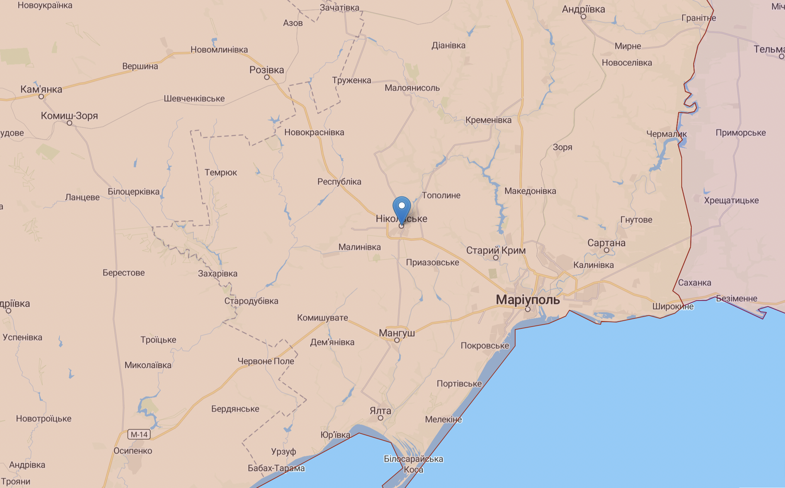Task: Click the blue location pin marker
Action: (401, 208)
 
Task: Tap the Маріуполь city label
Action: (528, 299)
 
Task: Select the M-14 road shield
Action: (139, 434)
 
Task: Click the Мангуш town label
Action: (397, 333)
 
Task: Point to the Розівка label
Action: (266, 70)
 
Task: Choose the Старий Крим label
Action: (496, 250)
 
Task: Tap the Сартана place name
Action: (606, 243)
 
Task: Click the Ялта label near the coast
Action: (380, 411)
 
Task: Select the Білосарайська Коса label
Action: (413, 464)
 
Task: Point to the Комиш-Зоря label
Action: (70, 116)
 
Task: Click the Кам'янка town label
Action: (41, 89)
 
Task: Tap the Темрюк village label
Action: (221, 173)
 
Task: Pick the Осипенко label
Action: (133, 451)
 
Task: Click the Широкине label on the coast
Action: (673, 306)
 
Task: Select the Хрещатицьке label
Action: (731, 200)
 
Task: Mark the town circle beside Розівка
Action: (266, 77)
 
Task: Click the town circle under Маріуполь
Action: (527, 309)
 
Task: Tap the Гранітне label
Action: (698, 18)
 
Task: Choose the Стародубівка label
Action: (251, 301)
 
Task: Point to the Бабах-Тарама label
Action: (276, 468)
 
